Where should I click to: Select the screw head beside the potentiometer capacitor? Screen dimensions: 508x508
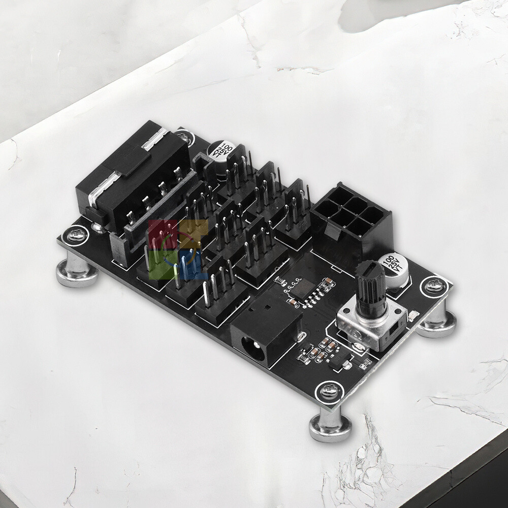(433, 286)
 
